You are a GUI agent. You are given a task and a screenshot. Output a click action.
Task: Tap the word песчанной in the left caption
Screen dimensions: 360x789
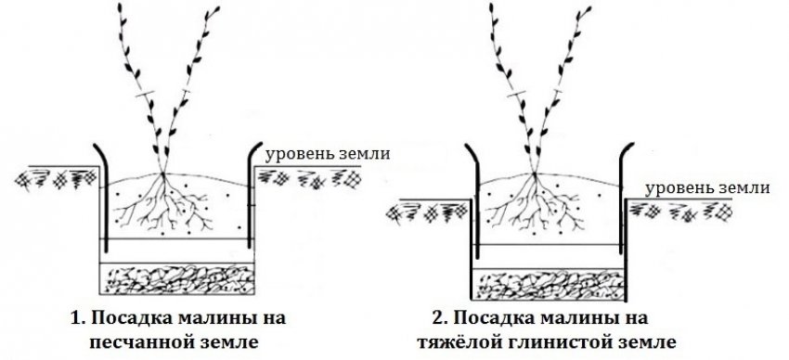coord(137,340)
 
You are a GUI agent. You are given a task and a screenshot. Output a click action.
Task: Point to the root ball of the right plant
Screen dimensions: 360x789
coord(536,204)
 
